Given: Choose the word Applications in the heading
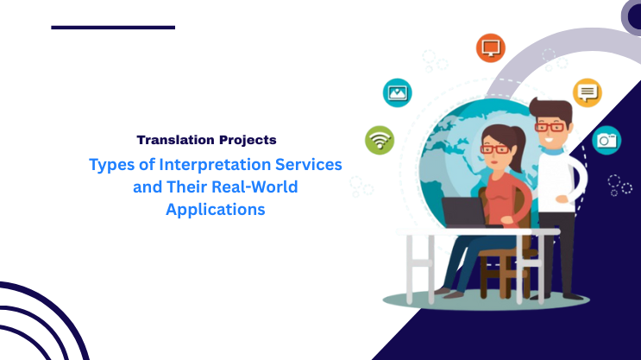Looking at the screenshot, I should click(x=215, y=208).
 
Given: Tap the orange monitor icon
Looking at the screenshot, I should click(x=490, y=47).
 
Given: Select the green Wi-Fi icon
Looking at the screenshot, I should click(x=380, y=139).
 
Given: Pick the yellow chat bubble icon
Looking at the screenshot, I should click(x=587, y=92).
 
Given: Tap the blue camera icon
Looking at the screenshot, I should click(x=606, y=139).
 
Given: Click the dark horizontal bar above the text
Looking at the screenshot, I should click(x=113, y=27).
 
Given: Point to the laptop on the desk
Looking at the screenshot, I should click(x=464, y=212).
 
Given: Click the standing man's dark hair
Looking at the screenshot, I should click(x=547, y=107).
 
